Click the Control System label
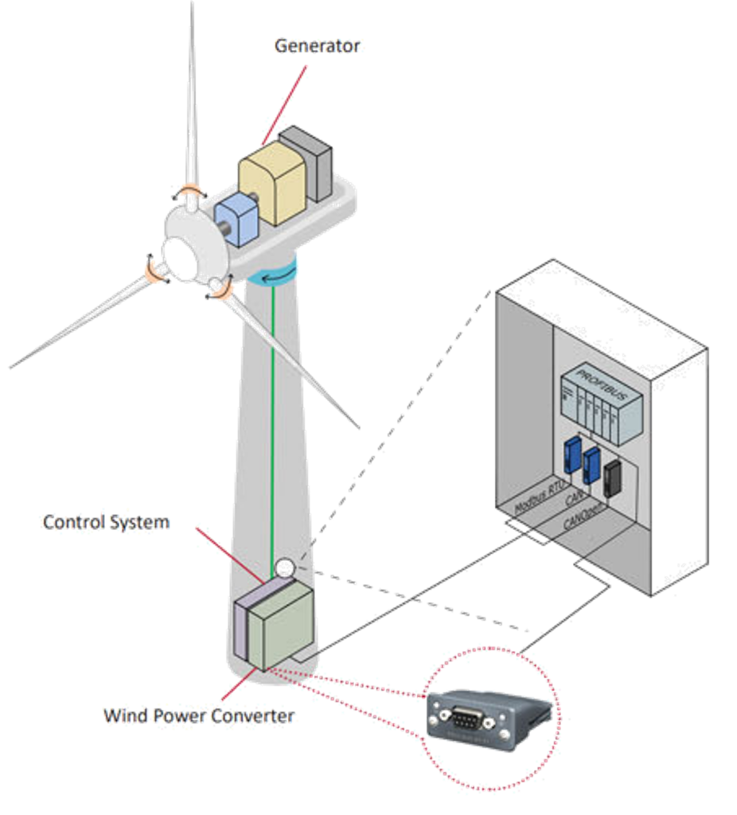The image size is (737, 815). pyautogui.click(x=106, y=523)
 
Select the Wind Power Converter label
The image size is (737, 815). pyautogui.click(x=199, y=716)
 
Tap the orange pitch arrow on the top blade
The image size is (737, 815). pyautogui.click(x=191, y=195)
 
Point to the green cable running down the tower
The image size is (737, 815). pyautogui.click(x=273, y=414)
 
